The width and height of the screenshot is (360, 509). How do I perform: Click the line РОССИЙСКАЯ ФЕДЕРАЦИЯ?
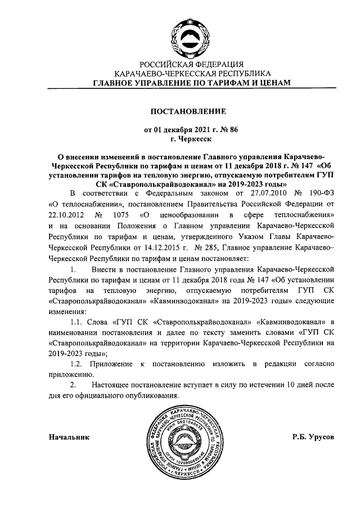click(192, 64)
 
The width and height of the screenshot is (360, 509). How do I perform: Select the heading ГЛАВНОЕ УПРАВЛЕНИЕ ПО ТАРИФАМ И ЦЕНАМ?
click(192, 83)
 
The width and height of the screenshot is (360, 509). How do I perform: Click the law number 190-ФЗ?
click(321, 193)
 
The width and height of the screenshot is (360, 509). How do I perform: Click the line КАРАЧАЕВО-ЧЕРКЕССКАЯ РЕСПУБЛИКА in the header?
click(192, 73)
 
